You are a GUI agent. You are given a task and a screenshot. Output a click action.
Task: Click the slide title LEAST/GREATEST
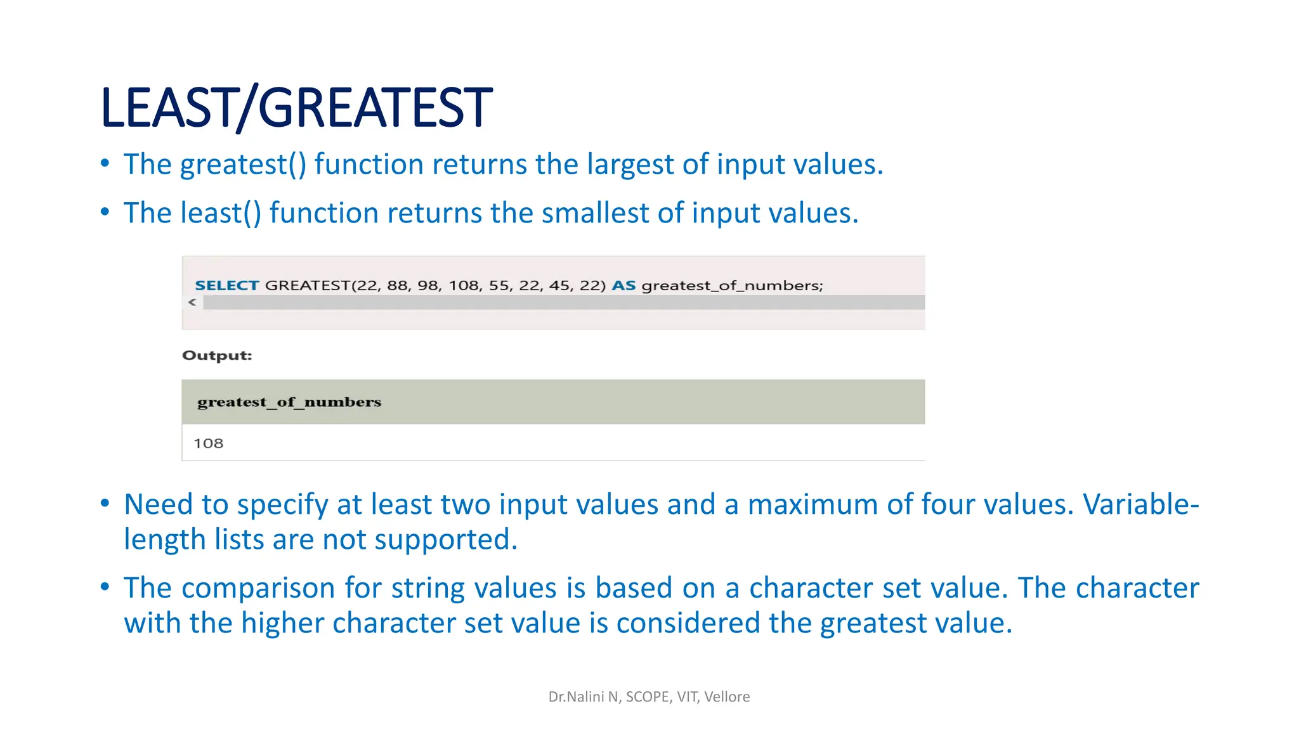(296, 108)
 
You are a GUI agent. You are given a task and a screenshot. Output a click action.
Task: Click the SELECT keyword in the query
(226, 286)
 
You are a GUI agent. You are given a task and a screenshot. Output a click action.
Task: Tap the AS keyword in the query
(623, 286)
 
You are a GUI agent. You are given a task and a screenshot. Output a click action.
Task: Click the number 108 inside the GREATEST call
(464, 286)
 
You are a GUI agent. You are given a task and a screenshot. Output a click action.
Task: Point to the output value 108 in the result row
(209, 444)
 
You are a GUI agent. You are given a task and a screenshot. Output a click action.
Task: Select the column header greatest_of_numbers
(289, 402)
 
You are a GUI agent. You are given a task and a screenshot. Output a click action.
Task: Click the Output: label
(217, 355)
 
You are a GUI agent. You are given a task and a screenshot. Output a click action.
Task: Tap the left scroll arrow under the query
(192, 303)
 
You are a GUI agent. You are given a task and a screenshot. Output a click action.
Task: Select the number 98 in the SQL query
(428, 286)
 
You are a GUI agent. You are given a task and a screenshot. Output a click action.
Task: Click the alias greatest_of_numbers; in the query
(732, 286)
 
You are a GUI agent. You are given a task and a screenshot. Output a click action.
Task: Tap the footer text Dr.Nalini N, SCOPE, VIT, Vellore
(649, 697)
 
